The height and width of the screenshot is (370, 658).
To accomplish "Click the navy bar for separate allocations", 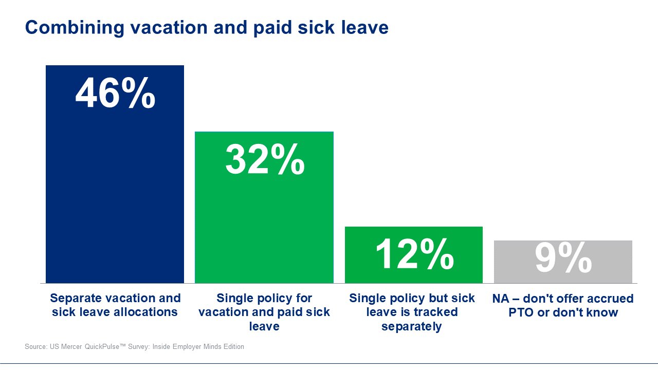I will (x=115, y=195).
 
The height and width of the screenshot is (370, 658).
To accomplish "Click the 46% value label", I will (x=115, y=94).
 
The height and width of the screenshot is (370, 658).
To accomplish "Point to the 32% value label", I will (x=265, y=159).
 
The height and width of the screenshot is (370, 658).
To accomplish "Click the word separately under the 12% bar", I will (x=411, y=326).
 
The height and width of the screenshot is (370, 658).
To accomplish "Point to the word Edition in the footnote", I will (x=232, y=347).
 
